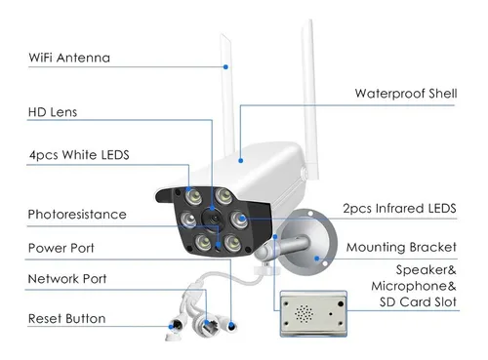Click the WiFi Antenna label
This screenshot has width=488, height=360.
(69, 58)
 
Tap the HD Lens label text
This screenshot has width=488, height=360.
(53, 112)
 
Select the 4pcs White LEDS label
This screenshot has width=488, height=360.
(79, 155)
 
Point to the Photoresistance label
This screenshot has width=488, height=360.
(77, 215)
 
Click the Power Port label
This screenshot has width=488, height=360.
(61, 248)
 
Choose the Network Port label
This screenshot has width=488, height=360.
(67, 279)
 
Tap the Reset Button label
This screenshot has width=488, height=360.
(67, 318)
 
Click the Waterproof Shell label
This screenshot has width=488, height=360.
(406, 94)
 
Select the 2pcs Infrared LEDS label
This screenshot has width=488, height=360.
(399, 209)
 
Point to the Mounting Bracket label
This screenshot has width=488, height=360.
(401, 248)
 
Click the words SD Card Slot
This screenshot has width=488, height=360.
(418, 302)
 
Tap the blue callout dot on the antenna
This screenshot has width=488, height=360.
(225, 67)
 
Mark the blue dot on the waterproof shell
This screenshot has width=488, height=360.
(241, 161)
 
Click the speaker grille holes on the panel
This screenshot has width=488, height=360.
(304, 313)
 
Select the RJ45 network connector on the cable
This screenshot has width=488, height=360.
(206, 323)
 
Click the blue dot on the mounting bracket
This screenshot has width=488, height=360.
(317, 259)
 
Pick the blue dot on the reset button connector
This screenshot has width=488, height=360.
(171, 327)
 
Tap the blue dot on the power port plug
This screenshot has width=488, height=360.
(231, 325)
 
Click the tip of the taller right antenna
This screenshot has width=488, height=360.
(310, 20)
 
